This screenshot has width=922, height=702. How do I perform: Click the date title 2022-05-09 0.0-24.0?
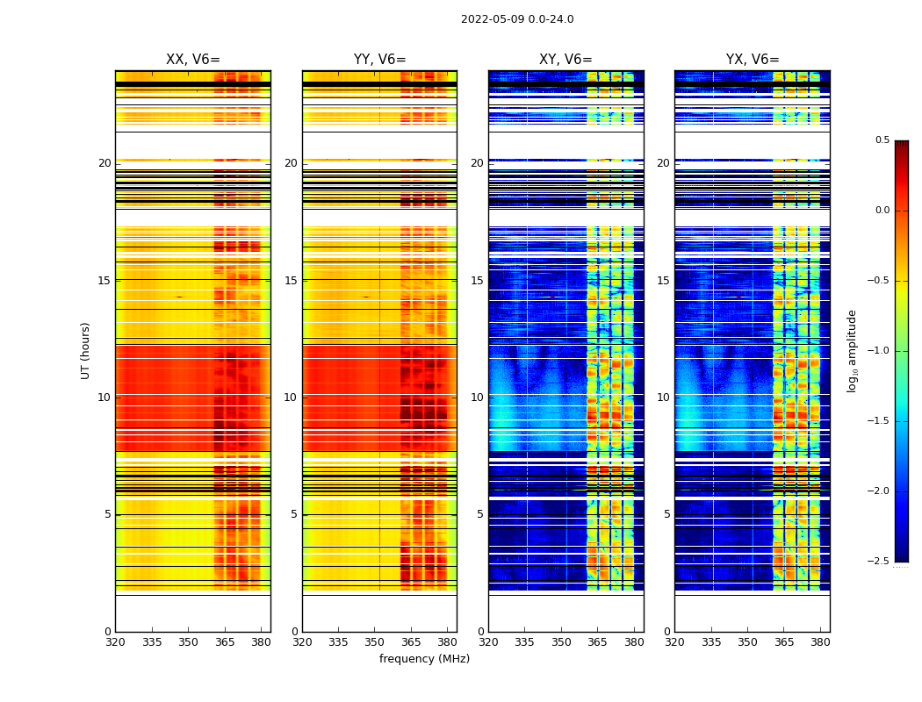coord(517,19)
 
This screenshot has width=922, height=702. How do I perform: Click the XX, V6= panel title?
coord(193,60)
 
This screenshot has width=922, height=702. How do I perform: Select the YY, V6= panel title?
coord(379,60)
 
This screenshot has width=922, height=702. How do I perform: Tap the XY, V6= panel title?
coord(565,60)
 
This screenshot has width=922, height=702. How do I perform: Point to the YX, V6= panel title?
coord(753,60)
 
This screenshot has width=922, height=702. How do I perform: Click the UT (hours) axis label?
coord(86,350)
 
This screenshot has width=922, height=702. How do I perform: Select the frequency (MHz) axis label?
coord(424,659)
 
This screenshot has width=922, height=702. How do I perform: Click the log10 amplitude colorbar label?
coord(852,350)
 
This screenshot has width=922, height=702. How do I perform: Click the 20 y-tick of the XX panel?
coord(104,163)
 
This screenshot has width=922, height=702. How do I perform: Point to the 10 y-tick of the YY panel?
coord(291,398)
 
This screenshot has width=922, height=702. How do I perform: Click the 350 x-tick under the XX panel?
coord(188,642)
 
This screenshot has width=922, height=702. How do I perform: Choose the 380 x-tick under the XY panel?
coord(634,642)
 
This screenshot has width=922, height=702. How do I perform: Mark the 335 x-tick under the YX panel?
coord(711,642)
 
